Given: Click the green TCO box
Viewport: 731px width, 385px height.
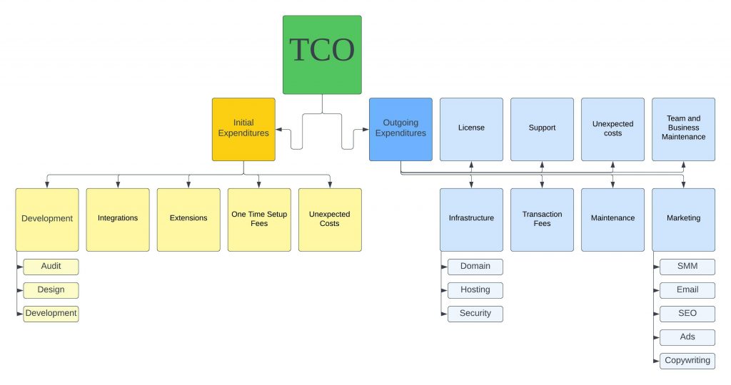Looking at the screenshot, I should point(322,55).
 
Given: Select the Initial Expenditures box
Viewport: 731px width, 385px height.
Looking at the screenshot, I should point(243,129).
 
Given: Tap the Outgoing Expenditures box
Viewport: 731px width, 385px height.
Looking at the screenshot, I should point(400,129).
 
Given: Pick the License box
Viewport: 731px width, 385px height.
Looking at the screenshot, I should point(471,129).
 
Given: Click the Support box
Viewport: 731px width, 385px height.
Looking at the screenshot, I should point(542,129).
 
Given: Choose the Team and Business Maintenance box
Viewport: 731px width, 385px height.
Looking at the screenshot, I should point(683,129).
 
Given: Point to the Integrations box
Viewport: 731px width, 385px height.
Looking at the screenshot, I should point(118,220).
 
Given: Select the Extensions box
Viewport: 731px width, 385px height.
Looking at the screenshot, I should point(188,220).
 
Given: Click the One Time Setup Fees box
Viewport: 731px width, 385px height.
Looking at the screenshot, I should point(259,220).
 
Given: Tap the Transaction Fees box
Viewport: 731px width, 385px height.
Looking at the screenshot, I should point(542,220).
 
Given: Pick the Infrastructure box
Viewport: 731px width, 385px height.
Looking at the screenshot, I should point(471,220).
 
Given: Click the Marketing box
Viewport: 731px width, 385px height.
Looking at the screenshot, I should point(683,220).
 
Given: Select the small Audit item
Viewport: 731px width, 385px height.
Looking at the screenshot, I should point(51,267).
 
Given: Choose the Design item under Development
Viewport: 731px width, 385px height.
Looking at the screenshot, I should point(51,290).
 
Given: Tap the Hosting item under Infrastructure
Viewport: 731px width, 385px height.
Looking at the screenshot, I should point(475,290).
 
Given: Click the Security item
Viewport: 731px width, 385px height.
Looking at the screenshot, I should point(475,314).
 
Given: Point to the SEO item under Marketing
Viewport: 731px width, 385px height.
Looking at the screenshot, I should point(687,314).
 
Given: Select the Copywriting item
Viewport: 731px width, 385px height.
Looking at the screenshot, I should point(687,361).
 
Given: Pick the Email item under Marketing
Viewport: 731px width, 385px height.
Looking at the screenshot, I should point(687,290).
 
